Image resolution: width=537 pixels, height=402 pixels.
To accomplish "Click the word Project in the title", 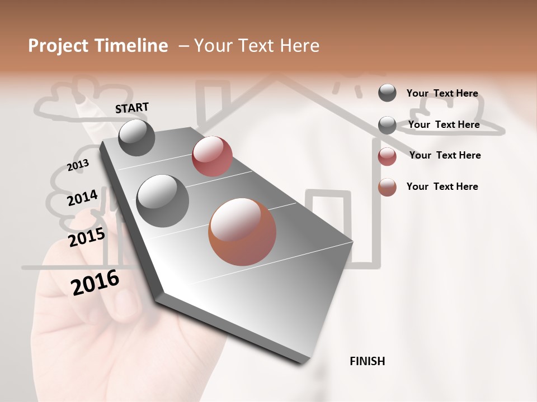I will tap(58, 46).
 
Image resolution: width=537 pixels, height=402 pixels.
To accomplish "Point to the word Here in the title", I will tap(299, 46).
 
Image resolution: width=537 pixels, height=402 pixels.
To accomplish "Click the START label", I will tap(132, 108).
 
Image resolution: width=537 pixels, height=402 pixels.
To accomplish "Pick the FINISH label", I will tap(367, 361).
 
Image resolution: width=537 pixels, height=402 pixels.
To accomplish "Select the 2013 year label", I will tap(78, 165).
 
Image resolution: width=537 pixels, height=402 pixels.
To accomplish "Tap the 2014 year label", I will tap(82, 198).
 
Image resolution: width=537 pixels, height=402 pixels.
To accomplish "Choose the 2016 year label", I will tap(95, 282).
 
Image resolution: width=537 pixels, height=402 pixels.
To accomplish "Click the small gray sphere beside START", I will tap(137, 137).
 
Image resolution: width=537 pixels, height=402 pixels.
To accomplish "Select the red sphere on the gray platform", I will tap(212, 156).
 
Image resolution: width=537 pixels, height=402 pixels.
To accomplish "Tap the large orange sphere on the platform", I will tap(242, 231).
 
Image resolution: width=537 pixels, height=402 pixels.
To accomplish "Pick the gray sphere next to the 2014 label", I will tap(163, 200).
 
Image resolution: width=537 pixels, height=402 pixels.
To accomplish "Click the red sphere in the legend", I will tap(387, 156).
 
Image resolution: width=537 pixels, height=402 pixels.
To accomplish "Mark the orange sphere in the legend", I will tap(387, 188).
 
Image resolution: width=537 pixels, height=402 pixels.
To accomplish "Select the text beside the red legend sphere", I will tap(445, 155).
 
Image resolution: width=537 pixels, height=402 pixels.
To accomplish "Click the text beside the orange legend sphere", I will tap(442, 186).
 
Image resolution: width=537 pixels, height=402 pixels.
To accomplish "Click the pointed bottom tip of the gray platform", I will tap(302, 362).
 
